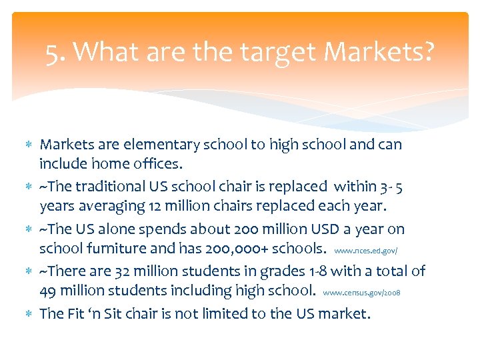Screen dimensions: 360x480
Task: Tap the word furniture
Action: coord(109,248)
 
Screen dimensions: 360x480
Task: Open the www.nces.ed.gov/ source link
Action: coord(365,251)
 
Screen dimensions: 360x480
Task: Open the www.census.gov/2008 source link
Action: coord(361,293)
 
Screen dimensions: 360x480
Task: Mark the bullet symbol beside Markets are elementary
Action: coord(29,145)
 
